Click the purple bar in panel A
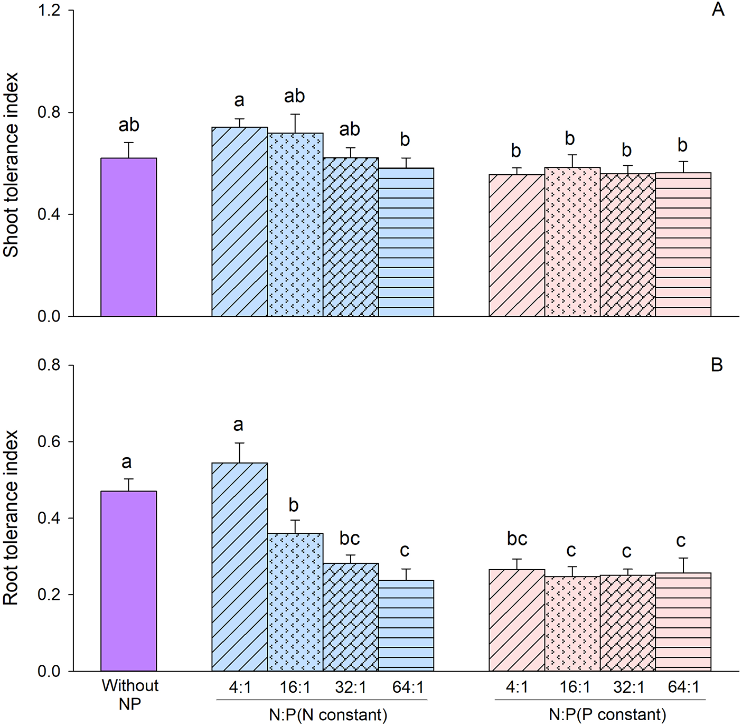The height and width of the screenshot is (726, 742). point(129,237)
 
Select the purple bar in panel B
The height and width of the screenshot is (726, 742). point(129,581)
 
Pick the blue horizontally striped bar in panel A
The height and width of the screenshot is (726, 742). point(406,242)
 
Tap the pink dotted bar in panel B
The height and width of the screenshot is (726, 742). point(572,624)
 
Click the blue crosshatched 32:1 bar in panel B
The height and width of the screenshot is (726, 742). point(351,617)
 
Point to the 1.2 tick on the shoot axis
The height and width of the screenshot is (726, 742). point(49,11)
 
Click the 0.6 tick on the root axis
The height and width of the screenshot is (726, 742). point(49,442)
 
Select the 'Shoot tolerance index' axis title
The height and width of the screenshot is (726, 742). point(11,165)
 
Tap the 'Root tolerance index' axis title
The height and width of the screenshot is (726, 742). point(11,517)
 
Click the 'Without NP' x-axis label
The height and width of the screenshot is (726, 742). point(130,694)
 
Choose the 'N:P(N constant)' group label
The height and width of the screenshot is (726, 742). point(328,715)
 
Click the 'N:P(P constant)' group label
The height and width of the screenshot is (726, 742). point(607,715)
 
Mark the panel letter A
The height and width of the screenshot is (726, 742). point(718,10)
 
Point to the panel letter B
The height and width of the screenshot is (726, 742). point(717,365)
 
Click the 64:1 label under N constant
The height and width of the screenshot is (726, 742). point(408,687)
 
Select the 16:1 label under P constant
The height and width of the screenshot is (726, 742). point(575,687)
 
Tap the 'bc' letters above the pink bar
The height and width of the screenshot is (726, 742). point(517,539)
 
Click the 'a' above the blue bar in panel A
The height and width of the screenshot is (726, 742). point(239,100)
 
